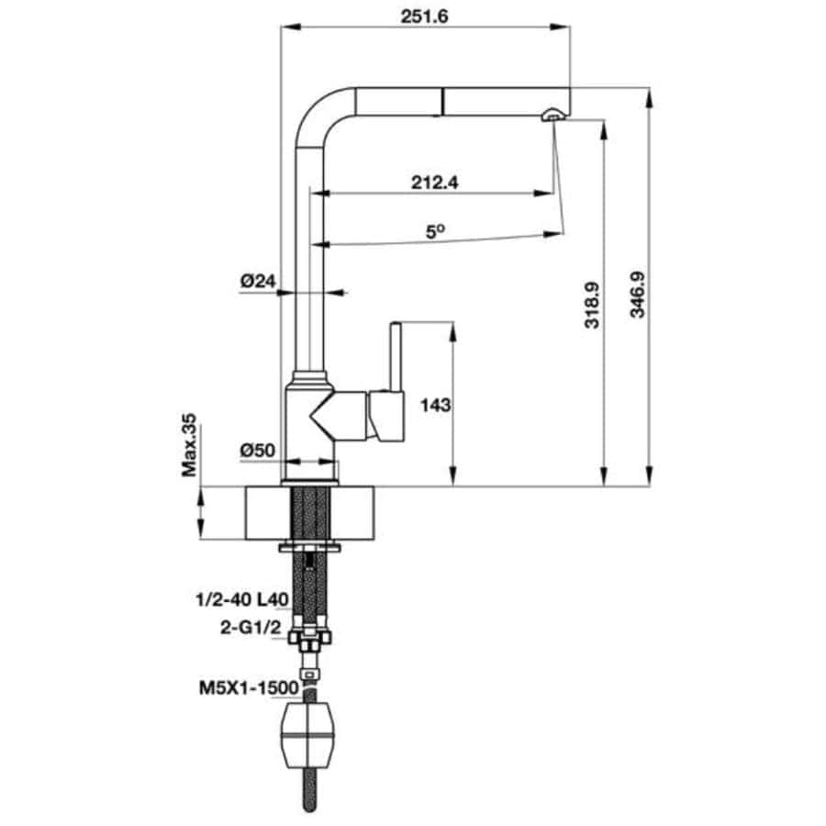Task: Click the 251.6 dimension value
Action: (x=424, y=17)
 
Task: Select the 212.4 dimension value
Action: (x=435, y=183)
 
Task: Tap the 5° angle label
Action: (x=435, y=232)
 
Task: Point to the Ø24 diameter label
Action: (x=258, y=281)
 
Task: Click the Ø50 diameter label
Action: (x=258, y=451)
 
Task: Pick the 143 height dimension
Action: (x=436, y=405)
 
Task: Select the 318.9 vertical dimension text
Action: (x=592, y=306)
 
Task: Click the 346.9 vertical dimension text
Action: (x=638, y=295)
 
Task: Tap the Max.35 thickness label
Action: (x=188, y=445)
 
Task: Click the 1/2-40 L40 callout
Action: (x=242, y=599)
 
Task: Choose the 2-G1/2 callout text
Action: (x=251, y=627)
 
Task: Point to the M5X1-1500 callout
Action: (x=249, y=688)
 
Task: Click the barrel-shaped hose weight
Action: (x=309, y=736)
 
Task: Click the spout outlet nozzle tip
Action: (x=553, y=115)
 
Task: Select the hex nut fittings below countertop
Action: (x=310, y=638)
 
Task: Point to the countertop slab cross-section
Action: (x=310, y=513)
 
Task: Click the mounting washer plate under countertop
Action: (x=310, y=546)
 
